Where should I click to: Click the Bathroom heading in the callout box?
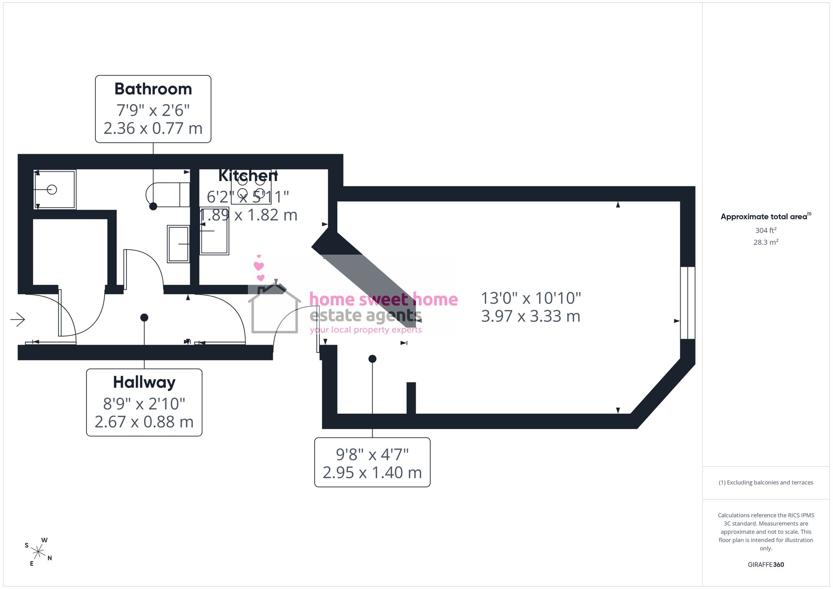pos(153,89)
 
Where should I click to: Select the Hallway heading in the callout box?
pos(144,383)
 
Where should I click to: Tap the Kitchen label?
pos(248,176)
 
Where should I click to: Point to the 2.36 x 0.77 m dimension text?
pos(153,128)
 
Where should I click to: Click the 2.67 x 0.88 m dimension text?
pos(144,422)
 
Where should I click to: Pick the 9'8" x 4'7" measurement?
pos(372,455)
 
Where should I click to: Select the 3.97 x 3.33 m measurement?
pos(531,316)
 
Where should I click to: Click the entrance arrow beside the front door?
pos(17,320)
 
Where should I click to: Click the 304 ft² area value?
pos(766,230)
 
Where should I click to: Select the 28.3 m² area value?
pos(766,242)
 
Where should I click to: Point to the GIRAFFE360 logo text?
pos(766,565)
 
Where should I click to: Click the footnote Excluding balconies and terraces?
pos(766,482)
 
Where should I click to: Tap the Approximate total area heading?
pos(766,216)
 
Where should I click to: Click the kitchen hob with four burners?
pos(251,187)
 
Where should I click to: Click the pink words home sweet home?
pos(384,299)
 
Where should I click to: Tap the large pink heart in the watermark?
pos(259,266)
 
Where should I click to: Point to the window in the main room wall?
pos(688,303)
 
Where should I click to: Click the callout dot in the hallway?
pos(144,318)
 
